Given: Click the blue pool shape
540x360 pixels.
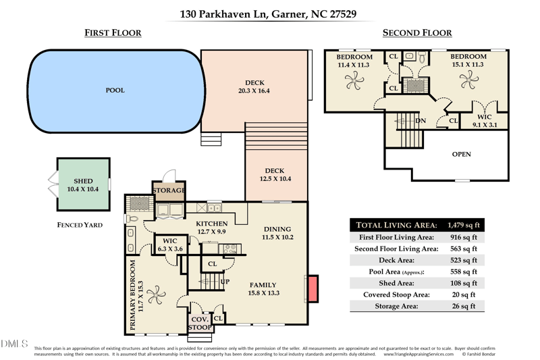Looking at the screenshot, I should point(115,91).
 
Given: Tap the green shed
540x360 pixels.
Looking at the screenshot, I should point(82,185).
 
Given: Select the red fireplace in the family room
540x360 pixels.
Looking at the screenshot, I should point(312,288).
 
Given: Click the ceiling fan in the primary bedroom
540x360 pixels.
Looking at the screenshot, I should point(157,294).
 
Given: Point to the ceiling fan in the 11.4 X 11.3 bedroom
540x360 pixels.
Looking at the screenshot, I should point(353,81).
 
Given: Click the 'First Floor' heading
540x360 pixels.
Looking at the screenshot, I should point(113,33).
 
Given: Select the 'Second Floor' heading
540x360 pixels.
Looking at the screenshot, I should point(417,33).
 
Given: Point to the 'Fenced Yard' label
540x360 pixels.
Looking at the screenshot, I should point(80,225).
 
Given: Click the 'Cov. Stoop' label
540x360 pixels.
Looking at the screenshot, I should point(199,323).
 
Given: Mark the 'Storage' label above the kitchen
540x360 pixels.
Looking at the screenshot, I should point(168,190).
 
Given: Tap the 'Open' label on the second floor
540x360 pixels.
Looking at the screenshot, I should point(461,155).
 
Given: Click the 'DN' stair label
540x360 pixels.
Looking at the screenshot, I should point(421,121).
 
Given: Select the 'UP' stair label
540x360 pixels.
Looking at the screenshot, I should point(225,281).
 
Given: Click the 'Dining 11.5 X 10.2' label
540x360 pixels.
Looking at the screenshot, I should point(277,233).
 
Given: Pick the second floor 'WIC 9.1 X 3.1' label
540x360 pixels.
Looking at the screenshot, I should point(484,121).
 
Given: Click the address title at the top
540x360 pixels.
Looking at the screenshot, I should point(269,14).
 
